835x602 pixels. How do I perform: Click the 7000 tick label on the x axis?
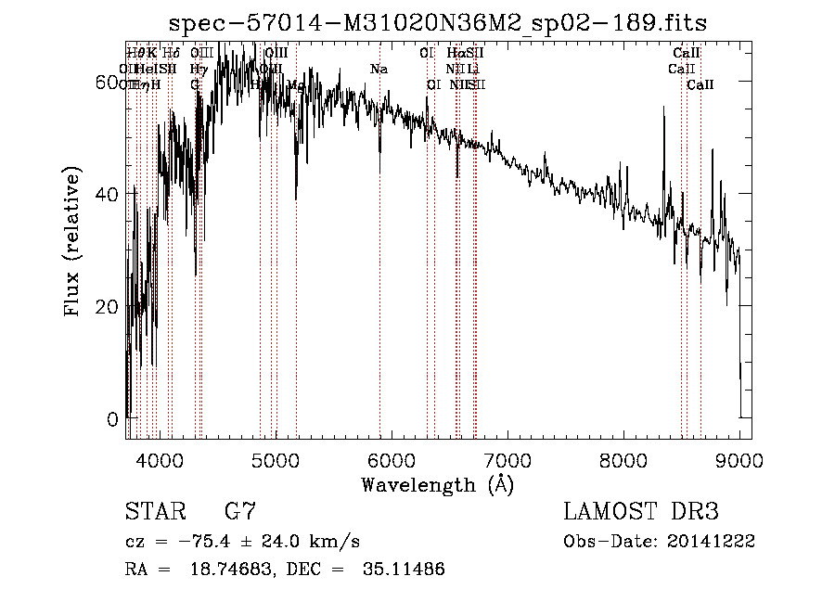coord(507,459)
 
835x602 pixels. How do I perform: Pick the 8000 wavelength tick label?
coord(623,459)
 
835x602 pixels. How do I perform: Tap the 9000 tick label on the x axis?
coord(739,459)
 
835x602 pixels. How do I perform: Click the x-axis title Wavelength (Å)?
coord(437,484)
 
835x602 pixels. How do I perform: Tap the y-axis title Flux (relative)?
coord(74,243)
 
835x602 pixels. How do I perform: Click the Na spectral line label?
coord(379,69)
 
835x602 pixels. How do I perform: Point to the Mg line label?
coord(295,84)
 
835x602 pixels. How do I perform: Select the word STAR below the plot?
coord(154,511)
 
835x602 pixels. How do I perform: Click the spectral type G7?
coord(240,511)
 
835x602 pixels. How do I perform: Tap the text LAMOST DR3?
coord(641,511)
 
